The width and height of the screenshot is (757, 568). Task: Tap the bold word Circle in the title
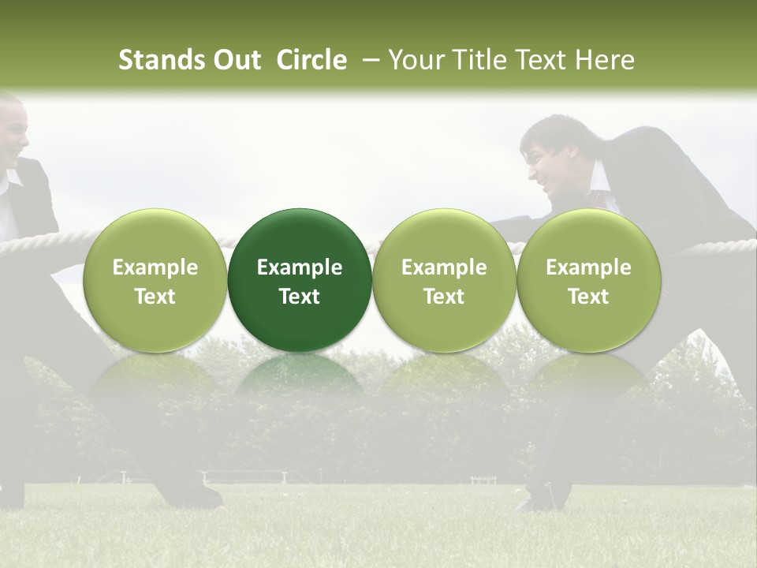tap(311, 60)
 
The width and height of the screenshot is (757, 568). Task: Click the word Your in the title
tap(413, 60)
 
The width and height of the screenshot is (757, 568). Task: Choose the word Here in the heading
tap(605, 60)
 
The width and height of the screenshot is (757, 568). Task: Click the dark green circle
tap(300, 279)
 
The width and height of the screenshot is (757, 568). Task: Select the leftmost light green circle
tap(155, 279)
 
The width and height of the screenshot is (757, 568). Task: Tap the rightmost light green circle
tap(589, 279)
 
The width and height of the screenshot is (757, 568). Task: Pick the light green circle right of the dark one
tap(444, 279)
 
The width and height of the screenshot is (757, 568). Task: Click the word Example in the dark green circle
tap(300, 267)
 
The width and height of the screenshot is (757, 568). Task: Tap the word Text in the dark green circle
tap(300, 297)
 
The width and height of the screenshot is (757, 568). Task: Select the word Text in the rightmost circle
tap(589, 297)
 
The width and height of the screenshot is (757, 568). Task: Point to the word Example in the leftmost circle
tap(155, 267)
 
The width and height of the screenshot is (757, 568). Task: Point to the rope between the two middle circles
tap(372, 243)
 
